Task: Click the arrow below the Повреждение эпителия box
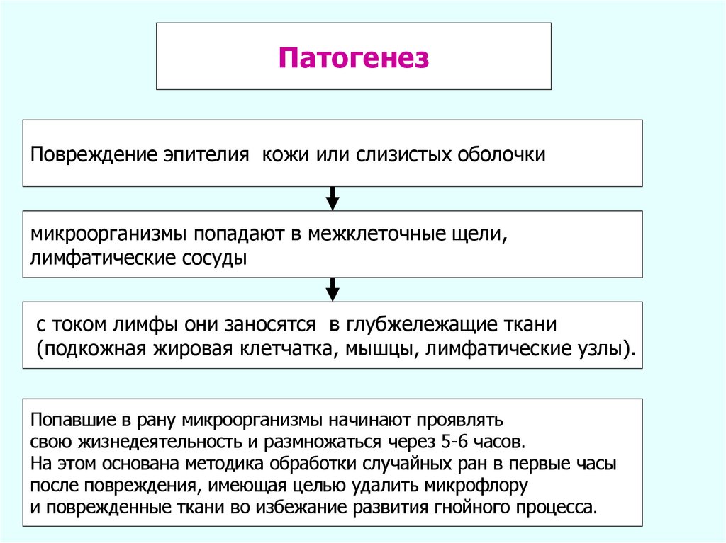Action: click(333, 198)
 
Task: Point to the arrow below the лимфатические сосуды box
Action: click(333, 289)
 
